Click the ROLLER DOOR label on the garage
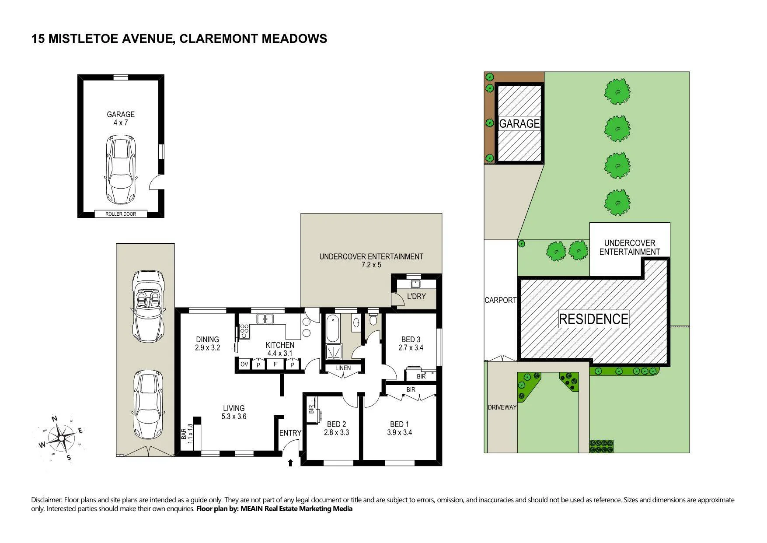121,214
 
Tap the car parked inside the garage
121,170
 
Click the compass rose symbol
62,437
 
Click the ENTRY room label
290,433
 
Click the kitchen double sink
265,319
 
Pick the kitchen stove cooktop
244,331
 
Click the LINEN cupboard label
343,368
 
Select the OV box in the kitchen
244,364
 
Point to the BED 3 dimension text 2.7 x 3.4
411,348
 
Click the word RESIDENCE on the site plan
593,319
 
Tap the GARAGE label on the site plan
519,124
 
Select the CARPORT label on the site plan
501,300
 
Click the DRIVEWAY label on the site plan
502,407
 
